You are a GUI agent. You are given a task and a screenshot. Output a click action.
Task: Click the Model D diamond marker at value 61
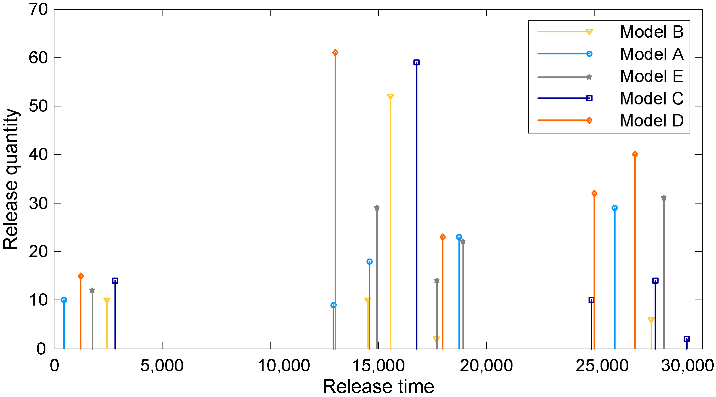click(335, 52)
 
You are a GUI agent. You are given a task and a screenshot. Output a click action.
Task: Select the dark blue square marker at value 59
click(416, 62)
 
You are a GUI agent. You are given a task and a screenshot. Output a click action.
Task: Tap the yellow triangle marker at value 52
click(390, 97)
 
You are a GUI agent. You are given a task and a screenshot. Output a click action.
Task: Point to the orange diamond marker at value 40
click(635, 154)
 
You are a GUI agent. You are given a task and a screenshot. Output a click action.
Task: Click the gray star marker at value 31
click(664, 198)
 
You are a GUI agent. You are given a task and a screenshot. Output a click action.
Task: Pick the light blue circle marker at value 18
click(369, 262)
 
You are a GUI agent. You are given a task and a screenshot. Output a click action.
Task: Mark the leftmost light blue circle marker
click(64, 300)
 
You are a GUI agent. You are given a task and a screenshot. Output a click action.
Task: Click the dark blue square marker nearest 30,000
click(687, 339)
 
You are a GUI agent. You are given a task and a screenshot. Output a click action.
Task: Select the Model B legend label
click(652, 32)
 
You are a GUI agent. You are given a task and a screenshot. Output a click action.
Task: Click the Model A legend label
click(652, 54)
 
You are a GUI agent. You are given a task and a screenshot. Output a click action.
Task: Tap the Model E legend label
click(652, 76)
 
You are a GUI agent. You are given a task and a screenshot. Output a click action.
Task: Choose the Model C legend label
click(652, 98)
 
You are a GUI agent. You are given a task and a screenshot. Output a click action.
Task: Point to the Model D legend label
click(652, 120)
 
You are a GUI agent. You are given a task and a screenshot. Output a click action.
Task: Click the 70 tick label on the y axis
click(38, 10)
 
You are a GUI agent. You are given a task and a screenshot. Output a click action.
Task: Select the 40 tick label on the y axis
click(38, 155)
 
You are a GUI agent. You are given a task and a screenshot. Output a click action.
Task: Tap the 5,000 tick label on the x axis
click(162, 366)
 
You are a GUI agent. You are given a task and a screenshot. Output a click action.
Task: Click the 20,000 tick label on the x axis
click(486, 366)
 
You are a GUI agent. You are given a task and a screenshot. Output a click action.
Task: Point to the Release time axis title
click(378, 387)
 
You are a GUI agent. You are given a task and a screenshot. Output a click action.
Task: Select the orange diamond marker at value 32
click(594, 193)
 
